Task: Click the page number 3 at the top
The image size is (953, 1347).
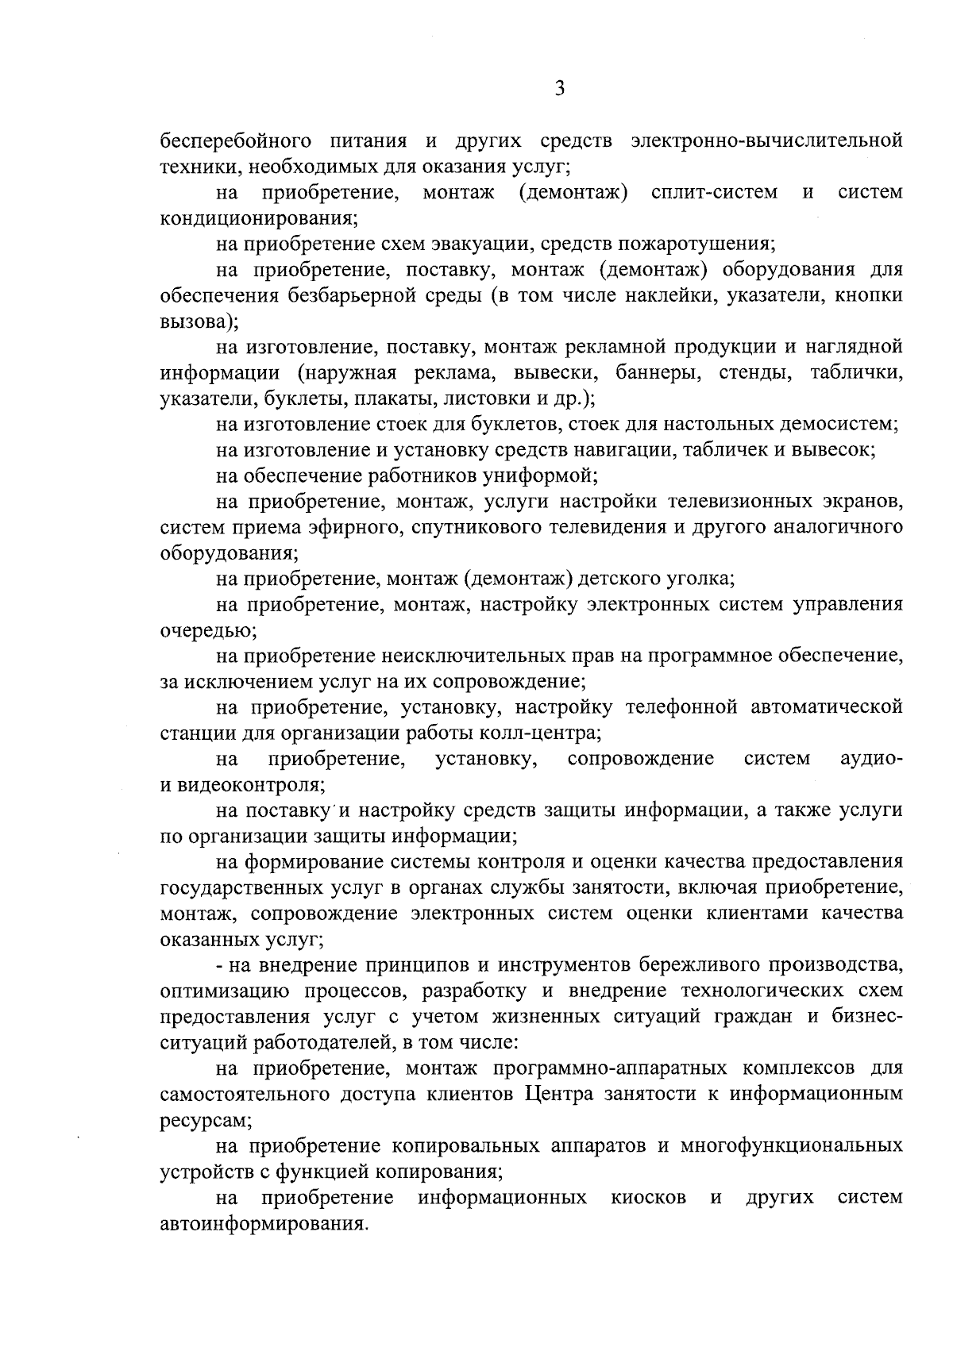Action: tap(559, 89)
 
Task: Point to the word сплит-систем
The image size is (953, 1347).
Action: tap(714, 193)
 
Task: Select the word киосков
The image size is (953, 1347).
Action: tap(649, 1198)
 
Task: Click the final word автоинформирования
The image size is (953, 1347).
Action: tap(264, 1223)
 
